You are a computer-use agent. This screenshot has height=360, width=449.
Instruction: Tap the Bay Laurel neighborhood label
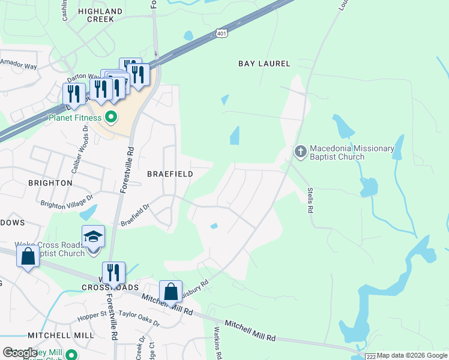coord(264,64)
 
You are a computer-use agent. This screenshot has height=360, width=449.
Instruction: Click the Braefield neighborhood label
coord(170,174)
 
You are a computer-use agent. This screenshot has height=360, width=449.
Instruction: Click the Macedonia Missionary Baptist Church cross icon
coord(300,152)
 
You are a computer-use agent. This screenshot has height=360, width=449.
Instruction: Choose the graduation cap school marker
coord(93,238)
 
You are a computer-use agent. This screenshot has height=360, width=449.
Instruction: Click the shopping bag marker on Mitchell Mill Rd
coord(170,293)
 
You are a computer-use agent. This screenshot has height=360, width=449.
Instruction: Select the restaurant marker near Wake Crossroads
coord(113,274)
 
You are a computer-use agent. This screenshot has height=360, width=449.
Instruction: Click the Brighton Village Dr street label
coord(67,200)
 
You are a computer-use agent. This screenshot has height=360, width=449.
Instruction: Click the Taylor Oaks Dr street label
coord(139,318)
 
